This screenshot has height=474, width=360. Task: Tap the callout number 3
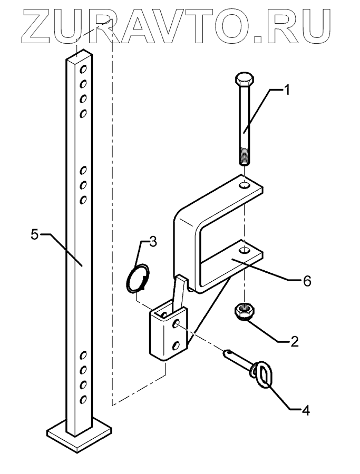pyautogui.click(x=152, y=242)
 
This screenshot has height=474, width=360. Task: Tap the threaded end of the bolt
pyautogui.click(x=245, y=156)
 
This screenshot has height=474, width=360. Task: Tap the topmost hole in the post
pyautogui.click(x=83, y=69)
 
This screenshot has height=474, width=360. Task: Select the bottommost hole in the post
pyautogui.click(x=83, y=400)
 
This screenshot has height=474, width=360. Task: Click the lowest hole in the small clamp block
pyautogui.click(x=176, y=345)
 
